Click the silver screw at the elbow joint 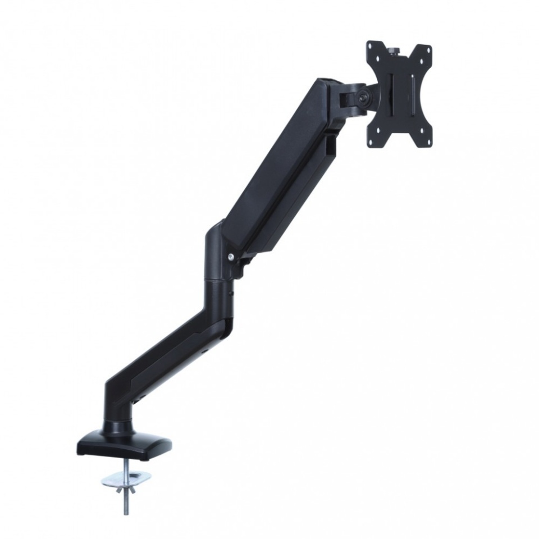pos(231,257)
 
